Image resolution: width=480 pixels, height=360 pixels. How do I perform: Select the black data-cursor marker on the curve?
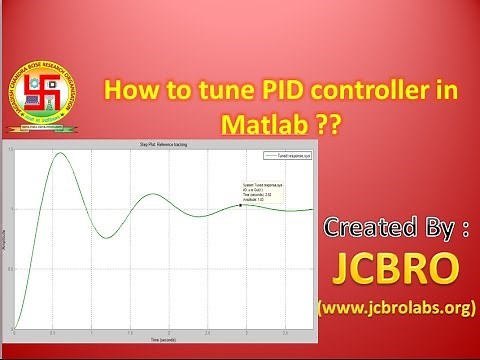pyautogui.click(x=241, y=205)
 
